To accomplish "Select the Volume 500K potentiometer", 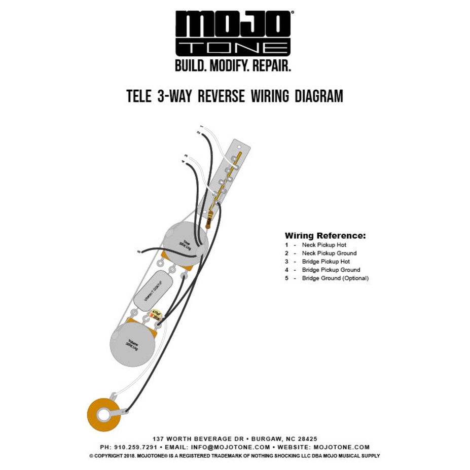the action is pos(132,344).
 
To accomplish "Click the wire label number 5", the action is pos(139,251).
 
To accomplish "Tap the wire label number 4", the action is pos(183,162).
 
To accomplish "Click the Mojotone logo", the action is pos(233,35).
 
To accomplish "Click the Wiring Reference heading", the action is pos(325,236).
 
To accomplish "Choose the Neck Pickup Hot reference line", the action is pos(324,245).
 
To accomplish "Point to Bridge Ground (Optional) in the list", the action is pos(335,278).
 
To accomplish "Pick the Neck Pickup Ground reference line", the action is pos(329,253).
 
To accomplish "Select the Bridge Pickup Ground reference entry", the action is pos(331,270).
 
